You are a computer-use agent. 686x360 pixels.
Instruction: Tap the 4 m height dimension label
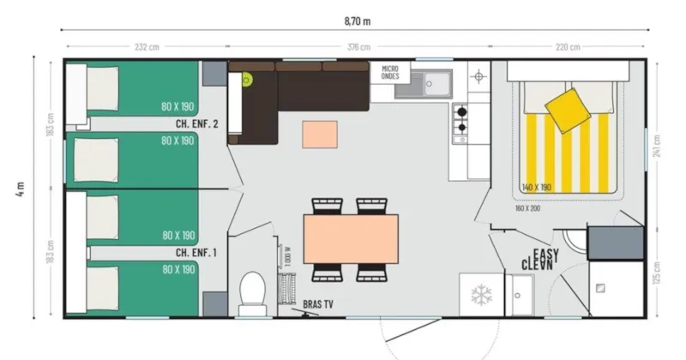click(x=19, y=189)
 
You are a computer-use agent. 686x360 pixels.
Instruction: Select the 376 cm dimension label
click(x=358, y=46)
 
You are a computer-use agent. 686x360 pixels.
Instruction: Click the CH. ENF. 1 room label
click(x=196, y=252)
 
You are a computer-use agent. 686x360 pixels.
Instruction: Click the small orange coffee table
click(x=319, y=134)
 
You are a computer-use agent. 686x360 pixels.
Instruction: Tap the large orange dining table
click(x=351, y=238)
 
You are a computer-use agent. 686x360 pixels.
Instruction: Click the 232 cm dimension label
click(x=147, y=46)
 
